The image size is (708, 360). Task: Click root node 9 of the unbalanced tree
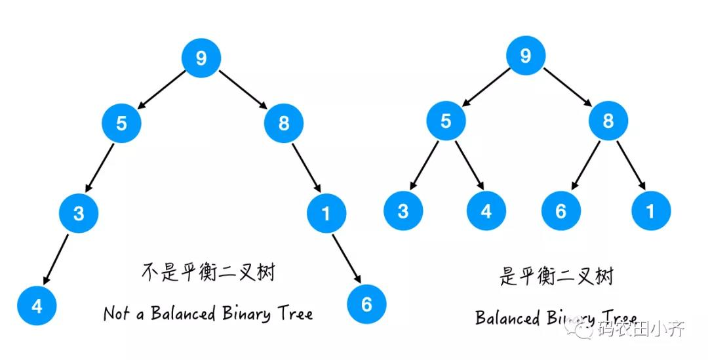tap(201, 58)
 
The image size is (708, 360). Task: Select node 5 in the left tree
tap(121, 123)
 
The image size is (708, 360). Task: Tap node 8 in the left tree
tap(283, 123)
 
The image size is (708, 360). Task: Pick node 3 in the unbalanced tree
tap(78, 213)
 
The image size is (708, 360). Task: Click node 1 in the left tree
tap(326, 213)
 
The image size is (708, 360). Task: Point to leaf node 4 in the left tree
tap(37, 305)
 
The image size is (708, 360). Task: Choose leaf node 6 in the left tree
tap(366, 304)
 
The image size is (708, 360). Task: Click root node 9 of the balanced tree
tap(525, 56)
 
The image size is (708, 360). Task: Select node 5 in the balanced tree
tap(446, 121)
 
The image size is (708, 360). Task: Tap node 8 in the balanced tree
tap(608, 121)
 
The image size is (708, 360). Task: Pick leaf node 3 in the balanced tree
tap(403, 210)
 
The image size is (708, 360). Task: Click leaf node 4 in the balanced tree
tap(486, 210)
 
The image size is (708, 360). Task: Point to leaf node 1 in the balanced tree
tap(651, 210)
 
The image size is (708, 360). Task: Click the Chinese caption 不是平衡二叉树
tap(208, 272)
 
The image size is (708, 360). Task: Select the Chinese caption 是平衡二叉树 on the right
tap(556, 276)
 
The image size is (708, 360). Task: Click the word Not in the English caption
tap(117, 313)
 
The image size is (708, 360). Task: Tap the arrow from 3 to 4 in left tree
tap(56, 259)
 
